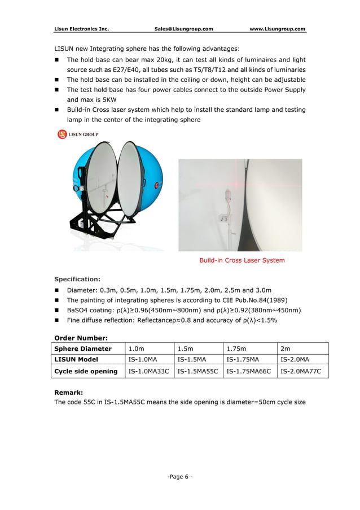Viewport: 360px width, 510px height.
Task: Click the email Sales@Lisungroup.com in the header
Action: click(x=183, y=28)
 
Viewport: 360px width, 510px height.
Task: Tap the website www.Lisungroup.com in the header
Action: click(x=277, y=28)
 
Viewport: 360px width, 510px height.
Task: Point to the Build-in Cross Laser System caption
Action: click(x=242, y=260)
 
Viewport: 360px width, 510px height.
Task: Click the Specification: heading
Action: click(x=77, y=279)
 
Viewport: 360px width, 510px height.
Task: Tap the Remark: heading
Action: click(x=68, y=391)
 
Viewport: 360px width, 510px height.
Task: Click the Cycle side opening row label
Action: click(x=86, y=371)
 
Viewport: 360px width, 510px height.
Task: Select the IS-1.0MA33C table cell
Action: click(x=149, y=371)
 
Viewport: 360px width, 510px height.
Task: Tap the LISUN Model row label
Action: click(x=76, y=359)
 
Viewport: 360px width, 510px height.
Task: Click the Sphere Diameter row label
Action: click(x=82, y=348)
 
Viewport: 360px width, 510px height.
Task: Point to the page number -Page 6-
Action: click(x=180, y=477)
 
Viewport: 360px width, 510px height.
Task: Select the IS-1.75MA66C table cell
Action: click(x=248, y=371)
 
